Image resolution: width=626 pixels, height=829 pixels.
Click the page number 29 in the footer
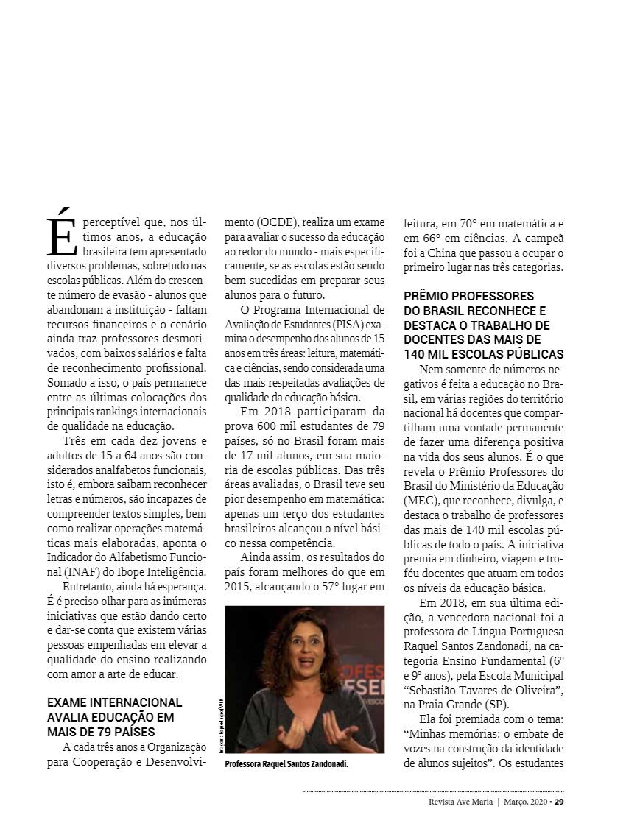coord(559,802)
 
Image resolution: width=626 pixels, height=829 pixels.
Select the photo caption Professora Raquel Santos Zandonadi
coord(286,763)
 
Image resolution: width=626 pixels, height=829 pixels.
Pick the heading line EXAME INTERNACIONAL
coord(114,702)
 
